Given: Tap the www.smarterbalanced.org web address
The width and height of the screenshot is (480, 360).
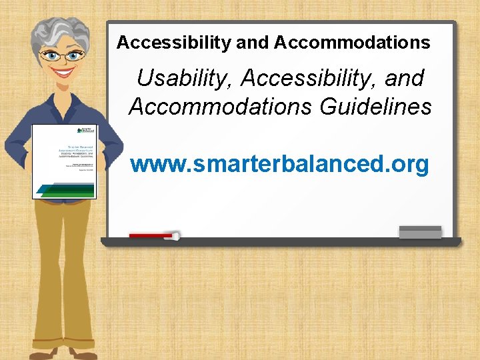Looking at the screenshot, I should [279, 164].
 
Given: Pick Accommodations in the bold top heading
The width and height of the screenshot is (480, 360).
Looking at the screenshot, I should [352, 43].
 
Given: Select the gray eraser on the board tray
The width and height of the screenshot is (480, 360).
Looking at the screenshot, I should [420, 232].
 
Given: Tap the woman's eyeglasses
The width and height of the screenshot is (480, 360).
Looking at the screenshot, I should [64, 55].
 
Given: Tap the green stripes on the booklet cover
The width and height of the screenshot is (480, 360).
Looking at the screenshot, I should [65, 189].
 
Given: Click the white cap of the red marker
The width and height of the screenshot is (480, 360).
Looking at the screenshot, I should [176, 235].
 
